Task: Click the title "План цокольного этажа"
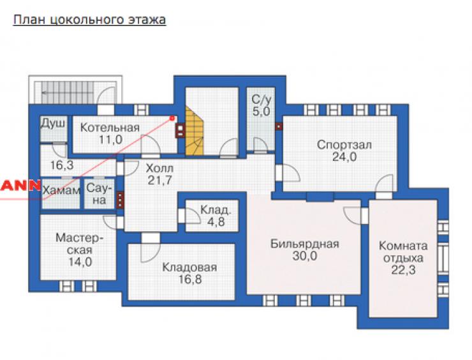coord(90,20)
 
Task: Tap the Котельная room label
coord(110,128)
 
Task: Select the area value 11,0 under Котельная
coord(110,140)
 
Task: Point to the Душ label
coord(53,124)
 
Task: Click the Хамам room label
coord(61,190)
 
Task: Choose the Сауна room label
coord(99,194)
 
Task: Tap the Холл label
coord(159,168)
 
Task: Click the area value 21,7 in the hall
coord(160,180)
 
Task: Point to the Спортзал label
coord(344,145)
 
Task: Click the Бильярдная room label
coord(305,243)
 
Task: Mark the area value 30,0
coord(305,256)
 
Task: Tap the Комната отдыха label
coord(403,252)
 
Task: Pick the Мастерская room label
coord(80,244)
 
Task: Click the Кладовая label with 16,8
coord(189,273)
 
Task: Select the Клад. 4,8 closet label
coord(216,215)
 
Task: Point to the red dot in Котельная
coord(172,118)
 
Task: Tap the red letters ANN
coord(20,186)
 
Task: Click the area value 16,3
coord(62,165)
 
